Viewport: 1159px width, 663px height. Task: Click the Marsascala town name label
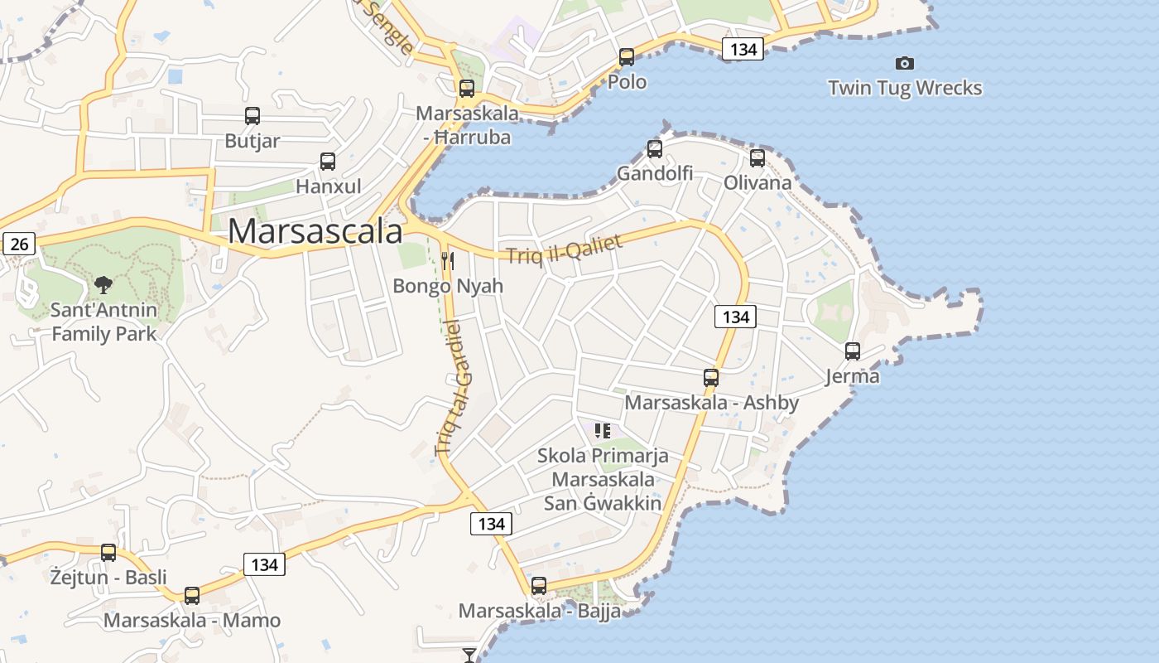pyautogui.click(x=315, y=231)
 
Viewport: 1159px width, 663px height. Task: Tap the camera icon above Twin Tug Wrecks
pyautogui.click(x=905, y=63)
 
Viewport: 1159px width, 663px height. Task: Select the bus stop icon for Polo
pyautogui.click(x=627, y=57)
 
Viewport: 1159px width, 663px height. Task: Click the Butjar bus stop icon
pyautogui.click(x=252, y=117)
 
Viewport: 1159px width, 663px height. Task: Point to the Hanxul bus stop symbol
pyautogui.click(x=328, y=162)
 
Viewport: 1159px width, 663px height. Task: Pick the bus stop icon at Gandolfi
pyautogui.click(x=655, y=149)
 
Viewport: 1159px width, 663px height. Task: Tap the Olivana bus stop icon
pyautogui.click(x=757, y=158)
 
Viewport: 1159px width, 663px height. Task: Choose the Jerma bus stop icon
pyautogui.click(x=853, y=351)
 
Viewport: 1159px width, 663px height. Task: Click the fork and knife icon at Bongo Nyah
pyautogui.click(x=448, y=262)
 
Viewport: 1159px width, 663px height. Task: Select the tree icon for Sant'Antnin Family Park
pyautogui.click(x=103, y=286)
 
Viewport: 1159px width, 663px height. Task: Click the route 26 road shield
pyautogui.click(x=19, y=244)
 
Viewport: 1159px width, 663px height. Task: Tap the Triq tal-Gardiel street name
pyautogui.click(x=452, y=387)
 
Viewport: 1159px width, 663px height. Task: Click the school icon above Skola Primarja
pyautogui.click(x=603, y=430)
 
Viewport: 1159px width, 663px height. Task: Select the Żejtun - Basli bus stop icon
pyautogui.click(x=108, y=553)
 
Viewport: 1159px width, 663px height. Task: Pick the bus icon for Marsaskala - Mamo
pyautogui.click(x=192, y=595)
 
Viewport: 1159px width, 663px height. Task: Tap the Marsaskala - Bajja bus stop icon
pyautogui.click(x=539, y=586)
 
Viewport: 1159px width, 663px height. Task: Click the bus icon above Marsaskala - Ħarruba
pyautogui.click(x=467, y=89)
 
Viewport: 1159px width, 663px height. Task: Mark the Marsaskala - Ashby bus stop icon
pyautogui.click(x=710, y=378)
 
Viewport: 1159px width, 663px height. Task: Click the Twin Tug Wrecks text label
pyautogui.click(x=905, y=88)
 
